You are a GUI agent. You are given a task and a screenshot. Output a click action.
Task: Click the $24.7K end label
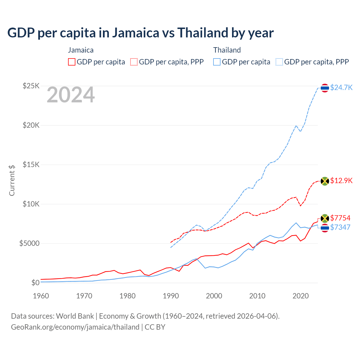(x=341, y=87)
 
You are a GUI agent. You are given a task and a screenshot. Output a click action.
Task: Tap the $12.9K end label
(x=341, y=181)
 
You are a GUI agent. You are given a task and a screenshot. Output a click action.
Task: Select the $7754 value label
(x=340, y=218)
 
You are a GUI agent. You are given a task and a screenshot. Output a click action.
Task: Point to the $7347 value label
(x=340, y=227)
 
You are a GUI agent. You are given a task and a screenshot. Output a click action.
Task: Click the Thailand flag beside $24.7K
(x=325, y=88)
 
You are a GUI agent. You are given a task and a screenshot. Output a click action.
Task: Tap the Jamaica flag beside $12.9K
(x=325, y=181)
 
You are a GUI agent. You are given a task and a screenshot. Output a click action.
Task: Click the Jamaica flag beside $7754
(x=325, y=219)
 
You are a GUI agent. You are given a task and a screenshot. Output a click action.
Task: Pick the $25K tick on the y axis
(x=31, y=86)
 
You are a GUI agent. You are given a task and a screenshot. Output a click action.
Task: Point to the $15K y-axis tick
(x=31, y=165)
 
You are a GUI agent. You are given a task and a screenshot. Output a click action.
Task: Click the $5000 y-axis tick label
(x=29, y=243)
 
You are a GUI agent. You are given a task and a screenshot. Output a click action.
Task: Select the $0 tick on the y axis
(x=35, y=283)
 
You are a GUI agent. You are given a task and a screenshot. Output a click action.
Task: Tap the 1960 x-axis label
(x=41, y=296)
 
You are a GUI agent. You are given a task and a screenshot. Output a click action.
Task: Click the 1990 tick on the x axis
(x=171, y=296)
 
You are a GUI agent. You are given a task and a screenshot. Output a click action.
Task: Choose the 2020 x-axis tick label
(x=301, y=296)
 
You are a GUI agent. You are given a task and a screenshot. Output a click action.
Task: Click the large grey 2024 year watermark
(x=71, y=95)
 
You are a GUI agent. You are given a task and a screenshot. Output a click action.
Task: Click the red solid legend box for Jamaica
(x=72, y=62)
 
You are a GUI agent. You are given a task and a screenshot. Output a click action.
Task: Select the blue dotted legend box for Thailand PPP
(x=279, y=62)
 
